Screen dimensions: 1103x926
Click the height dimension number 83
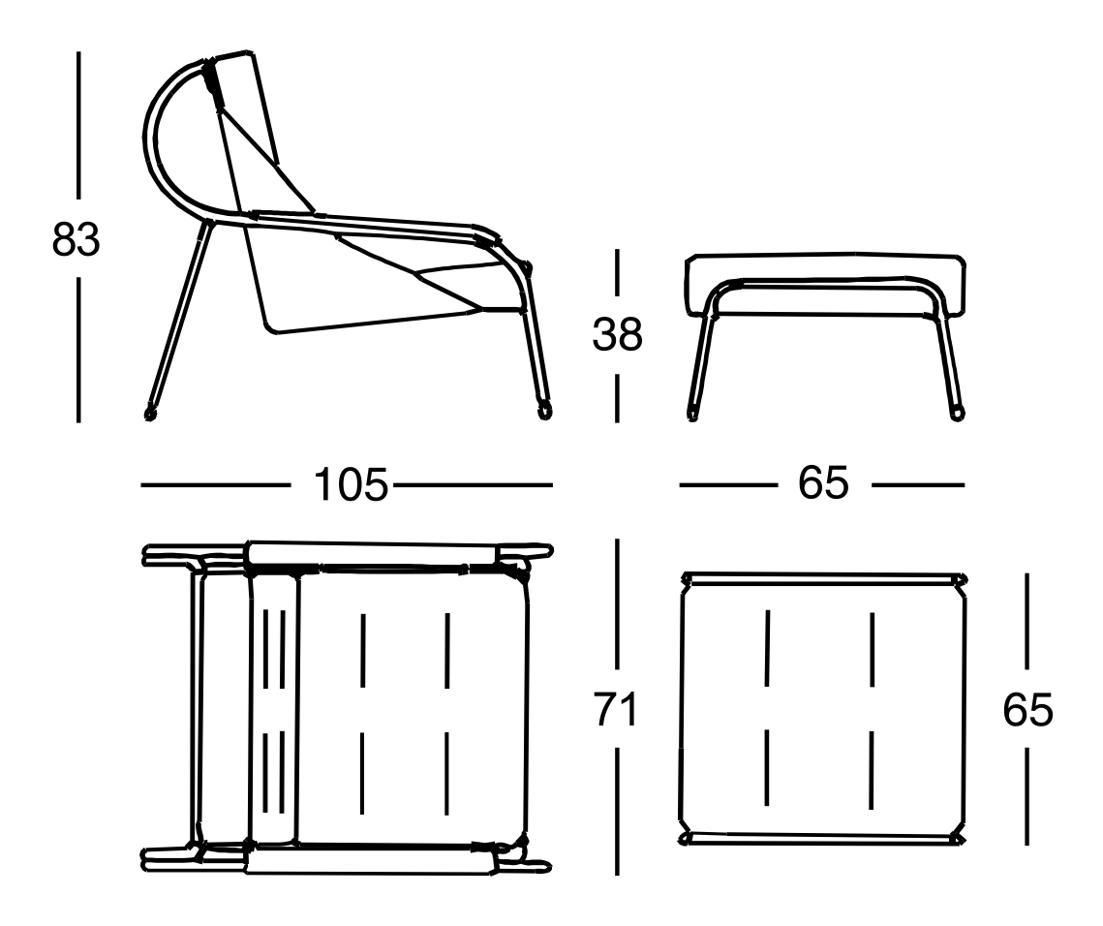click(76, 239)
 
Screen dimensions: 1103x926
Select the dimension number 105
click(351, 484)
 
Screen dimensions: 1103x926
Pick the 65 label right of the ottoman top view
click(1027, 709)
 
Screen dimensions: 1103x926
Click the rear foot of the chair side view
click(150, 414)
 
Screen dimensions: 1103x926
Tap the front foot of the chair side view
click(545, 412)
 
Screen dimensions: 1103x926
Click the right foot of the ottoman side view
click(957, 413)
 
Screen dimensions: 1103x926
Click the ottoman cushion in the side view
click(825, 282)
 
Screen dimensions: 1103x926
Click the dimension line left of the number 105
click(215, 485)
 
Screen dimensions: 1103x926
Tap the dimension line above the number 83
click(78, 125)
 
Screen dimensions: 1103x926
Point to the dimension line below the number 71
click(617, 812)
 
